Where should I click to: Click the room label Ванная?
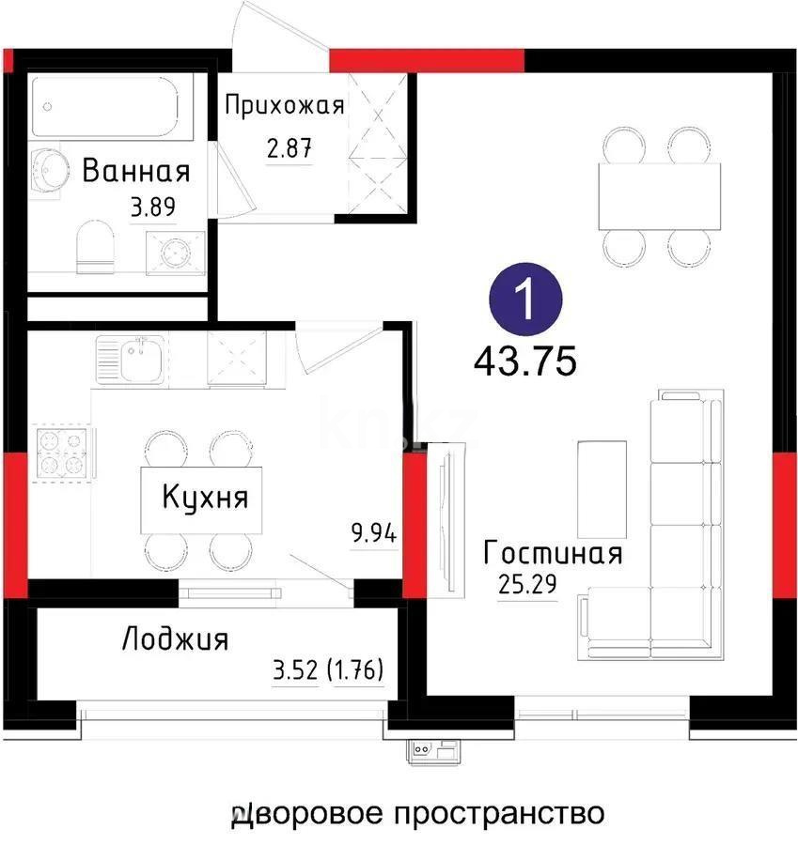click(136, 172)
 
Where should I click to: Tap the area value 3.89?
click(152, 207)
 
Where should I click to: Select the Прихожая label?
click(284, 104)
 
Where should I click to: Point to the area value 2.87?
click(289, 147)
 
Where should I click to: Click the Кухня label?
click(205, 497)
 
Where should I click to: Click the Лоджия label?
click(175, 640)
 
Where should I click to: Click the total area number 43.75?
click(524, 360)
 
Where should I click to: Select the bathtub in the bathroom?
click(111, 105)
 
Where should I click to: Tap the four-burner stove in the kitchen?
click(62, 453)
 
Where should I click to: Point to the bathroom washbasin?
click(46, 171)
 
